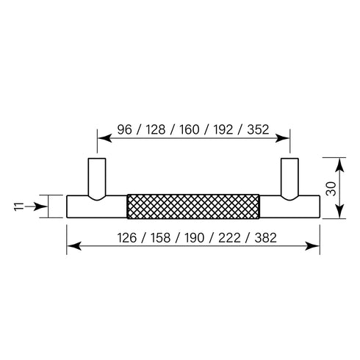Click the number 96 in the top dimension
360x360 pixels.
point(124,129)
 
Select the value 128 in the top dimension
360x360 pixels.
point(156,129)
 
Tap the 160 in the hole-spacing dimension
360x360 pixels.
point(190,129)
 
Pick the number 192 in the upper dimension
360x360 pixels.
point(223,129)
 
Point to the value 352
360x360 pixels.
point(258,129)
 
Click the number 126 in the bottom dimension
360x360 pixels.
point(127,238)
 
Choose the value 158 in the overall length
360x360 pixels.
point(160,238)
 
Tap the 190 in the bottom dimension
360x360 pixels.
point(194,238)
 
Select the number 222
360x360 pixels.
point(229,238)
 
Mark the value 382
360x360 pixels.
point(266,238)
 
